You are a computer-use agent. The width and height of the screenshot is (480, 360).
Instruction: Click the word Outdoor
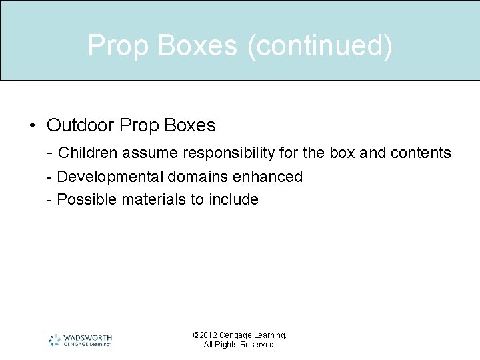click(80, 125)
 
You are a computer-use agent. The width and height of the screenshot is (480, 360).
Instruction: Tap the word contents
click(421, 153)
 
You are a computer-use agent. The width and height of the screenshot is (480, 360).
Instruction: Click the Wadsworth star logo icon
click(55, 340)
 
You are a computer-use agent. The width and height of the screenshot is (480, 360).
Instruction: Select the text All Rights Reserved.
click(239, 345)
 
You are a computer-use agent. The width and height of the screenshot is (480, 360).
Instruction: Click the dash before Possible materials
click(49, 199)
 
